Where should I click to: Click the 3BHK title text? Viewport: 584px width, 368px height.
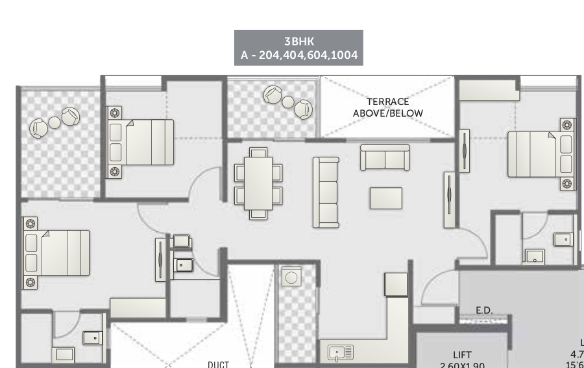pos(298,41)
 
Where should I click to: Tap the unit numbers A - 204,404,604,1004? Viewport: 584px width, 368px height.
pos(298,55)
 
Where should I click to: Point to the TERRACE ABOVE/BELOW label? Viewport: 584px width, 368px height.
pos(387,108)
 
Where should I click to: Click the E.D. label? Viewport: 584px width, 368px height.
pos(484,310)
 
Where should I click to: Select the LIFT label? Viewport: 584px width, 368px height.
pos(462,354)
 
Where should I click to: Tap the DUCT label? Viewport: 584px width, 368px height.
pos(218,364)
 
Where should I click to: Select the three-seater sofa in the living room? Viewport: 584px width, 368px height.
pos(326,192)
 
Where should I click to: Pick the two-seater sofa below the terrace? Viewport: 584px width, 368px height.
pos(385,157)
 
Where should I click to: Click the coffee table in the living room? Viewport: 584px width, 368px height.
pos(385,198)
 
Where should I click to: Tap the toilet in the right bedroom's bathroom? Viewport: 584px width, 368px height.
pos(563,239)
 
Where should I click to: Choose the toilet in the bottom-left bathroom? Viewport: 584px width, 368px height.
pos(93,338)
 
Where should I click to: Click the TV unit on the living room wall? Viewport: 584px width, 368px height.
pos(449,200)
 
